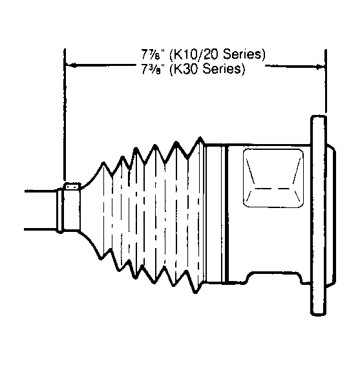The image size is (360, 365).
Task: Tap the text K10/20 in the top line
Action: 195,55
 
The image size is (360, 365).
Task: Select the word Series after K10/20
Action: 244,54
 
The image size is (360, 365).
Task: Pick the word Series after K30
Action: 224,69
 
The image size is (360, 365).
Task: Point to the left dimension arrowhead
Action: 71,65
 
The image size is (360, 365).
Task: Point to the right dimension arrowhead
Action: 321,67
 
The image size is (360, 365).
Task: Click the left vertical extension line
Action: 65,115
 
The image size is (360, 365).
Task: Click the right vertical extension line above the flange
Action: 326,81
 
